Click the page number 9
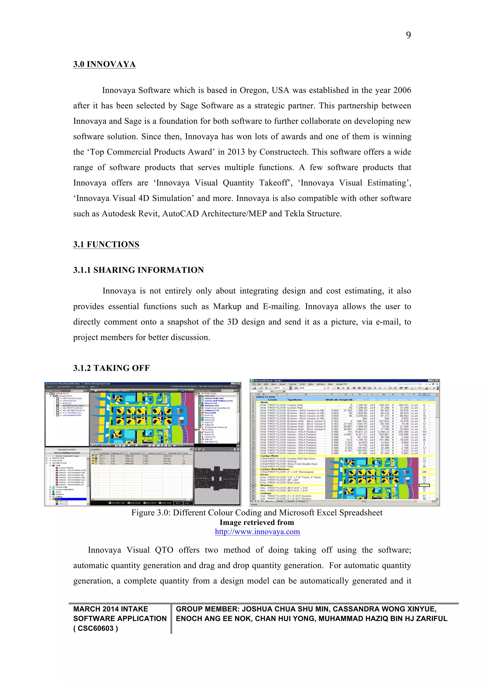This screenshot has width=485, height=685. [408, 35]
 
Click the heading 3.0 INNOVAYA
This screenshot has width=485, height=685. [104, 64]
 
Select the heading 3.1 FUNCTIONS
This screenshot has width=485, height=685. [106, 244]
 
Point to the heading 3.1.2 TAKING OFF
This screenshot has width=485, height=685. [111, 368]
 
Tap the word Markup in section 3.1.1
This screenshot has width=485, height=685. [227, 307]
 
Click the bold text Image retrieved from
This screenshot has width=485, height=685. [257, 523]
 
